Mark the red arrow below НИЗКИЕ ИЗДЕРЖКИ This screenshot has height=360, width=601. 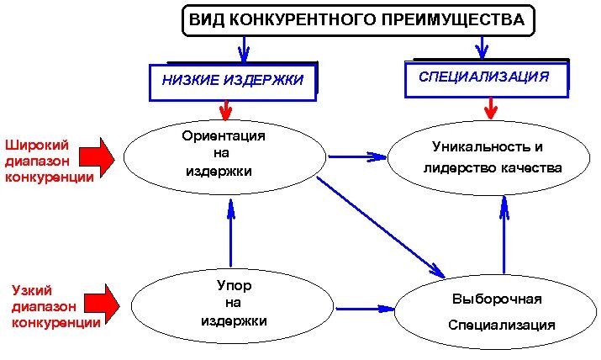[224, 109]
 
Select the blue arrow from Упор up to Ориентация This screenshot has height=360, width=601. [230, 233]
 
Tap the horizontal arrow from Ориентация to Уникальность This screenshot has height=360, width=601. [357, 156]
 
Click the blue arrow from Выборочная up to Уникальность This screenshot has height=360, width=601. [504, 233]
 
